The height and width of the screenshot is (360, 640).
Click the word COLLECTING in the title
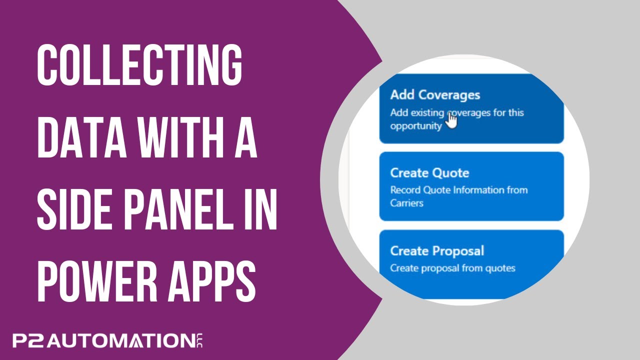139,65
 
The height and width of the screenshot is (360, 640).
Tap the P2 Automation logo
102,341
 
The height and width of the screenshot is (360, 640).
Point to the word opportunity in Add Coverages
416,126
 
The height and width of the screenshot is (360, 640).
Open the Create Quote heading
429,173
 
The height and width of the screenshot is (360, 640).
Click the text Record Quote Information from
458,190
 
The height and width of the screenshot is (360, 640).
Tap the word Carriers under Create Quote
406,203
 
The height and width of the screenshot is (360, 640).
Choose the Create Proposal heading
437,250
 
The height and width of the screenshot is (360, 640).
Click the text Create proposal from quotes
452,268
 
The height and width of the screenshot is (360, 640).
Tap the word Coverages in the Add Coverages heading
449,95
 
